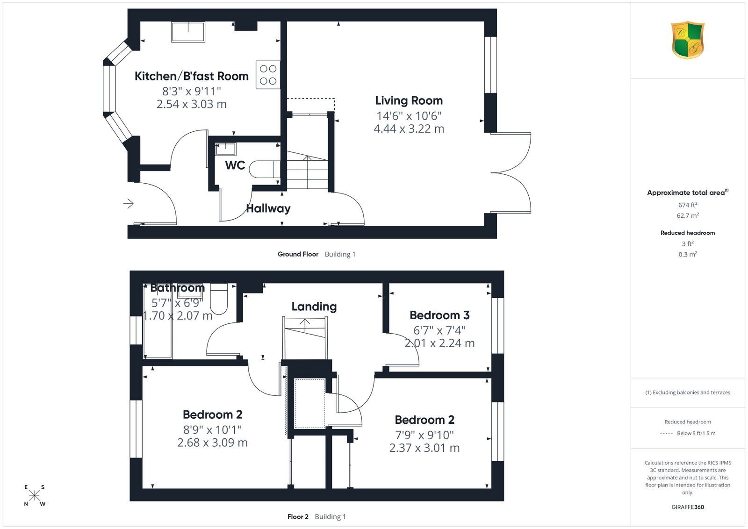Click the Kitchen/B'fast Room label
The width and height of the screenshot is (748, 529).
(x=191, y=76)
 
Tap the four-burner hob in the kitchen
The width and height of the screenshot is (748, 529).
(x=268, y=75)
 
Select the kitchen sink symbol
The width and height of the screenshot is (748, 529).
(x=188, y=32)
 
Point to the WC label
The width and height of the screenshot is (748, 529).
(x=235, y=165)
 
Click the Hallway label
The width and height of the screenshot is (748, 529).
(x=268, y=208)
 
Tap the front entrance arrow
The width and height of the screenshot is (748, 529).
(x=129, y=203)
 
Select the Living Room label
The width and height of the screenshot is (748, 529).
(x=409, y=100)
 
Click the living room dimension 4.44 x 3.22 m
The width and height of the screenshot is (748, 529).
(x=409, y=129)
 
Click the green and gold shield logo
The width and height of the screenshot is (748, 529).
(x=688, y=40)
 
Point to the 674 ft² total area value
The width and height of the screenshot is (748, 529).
(x=688, y=205)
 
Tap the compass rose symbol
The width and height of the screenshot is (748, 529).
(x=35, y=495)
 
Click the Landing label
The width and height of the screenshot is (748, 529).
(x=314, y=307)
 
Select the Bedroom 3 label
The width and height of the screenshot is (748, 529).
(x=439, y=315)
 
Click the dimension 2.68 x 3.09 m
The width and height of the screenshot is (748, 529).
(x=212, y=443)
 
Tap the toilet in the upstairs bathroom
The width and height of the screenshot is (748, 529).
(x=219, y=299)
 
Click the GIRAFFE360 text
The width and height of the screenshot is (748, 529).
(x=688, y=507)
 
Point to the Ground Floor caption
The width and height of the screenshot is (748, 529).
(x=298, y=254)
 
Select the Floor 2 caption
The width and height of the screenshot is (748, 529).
(x=298, y=517)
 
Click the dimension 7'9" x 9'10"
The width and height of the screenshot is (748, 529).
(x=424, y=435)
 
